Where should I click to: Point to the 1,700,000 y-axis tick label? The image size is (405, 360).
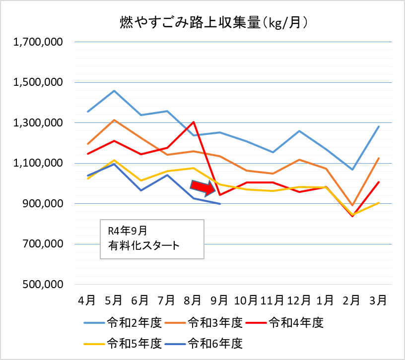pos(38,43)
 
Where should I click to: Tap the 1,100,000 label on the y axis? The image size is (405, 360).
pos(38,164)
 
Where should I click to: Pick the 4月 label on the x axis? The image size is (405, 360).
pos(87,300)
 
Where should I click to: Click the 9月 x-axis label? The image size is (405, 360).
pos(219,300)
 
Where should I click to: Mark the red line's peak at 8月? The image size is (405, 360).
pos(193,122)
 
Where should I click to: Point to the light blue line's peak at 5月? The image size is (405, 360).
pos(114,91)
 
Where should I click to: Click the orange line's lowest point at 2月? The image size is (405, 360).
pos(352,205)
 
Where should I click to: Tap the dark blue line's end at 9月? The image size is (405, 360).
pos(219,203)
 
